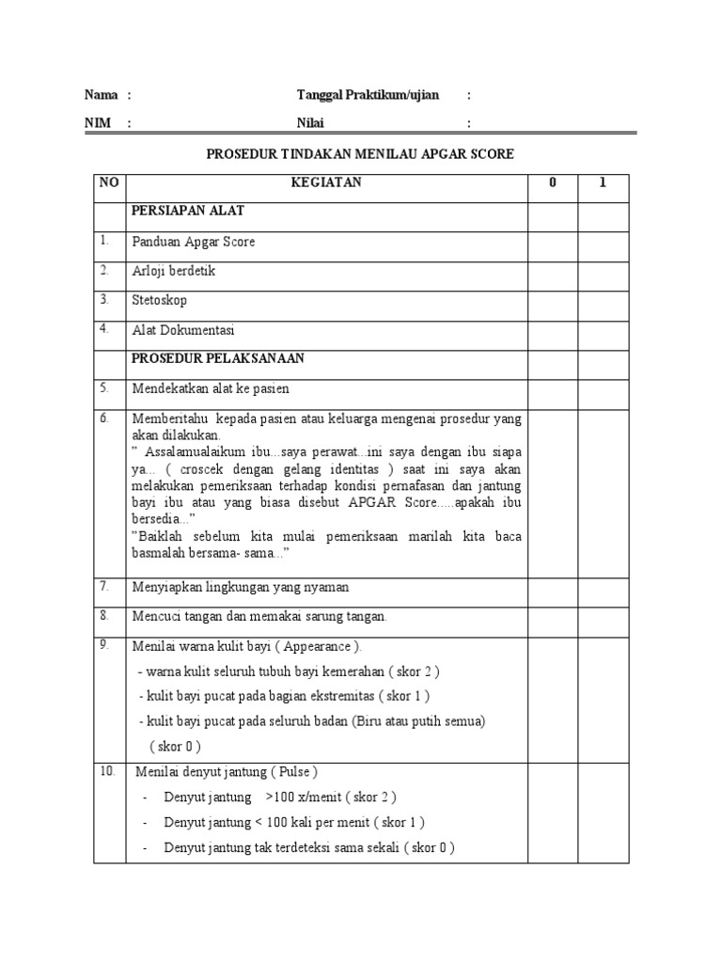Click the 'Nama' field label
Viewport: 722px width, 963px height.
[101, 95]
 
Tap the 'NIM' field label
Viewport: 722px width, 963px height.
[98, 123]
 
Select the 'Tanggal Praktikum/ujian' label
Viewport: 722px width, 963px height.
[368, 95]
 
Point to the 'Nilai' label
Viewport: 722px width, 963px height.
[310, 123]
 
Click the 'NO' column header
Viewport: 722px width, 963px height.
[109, 183]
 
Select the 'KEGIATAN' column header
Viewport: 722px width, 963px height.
[326, 183]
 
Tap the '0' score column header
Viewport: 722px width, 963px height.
[553, 183]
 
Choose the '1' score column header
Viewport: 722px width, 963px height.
[603, 183]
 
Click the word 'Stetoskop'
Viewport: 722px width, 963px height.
[159, 300]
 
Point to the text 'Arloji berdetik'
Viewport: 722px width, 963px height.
[174, 271]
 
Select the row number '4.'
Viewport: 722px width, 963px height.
[104, 328]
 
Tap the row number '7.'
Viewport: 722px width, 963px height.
[104, 585]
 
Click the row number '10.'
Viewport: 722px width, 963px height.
[107, 771]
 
